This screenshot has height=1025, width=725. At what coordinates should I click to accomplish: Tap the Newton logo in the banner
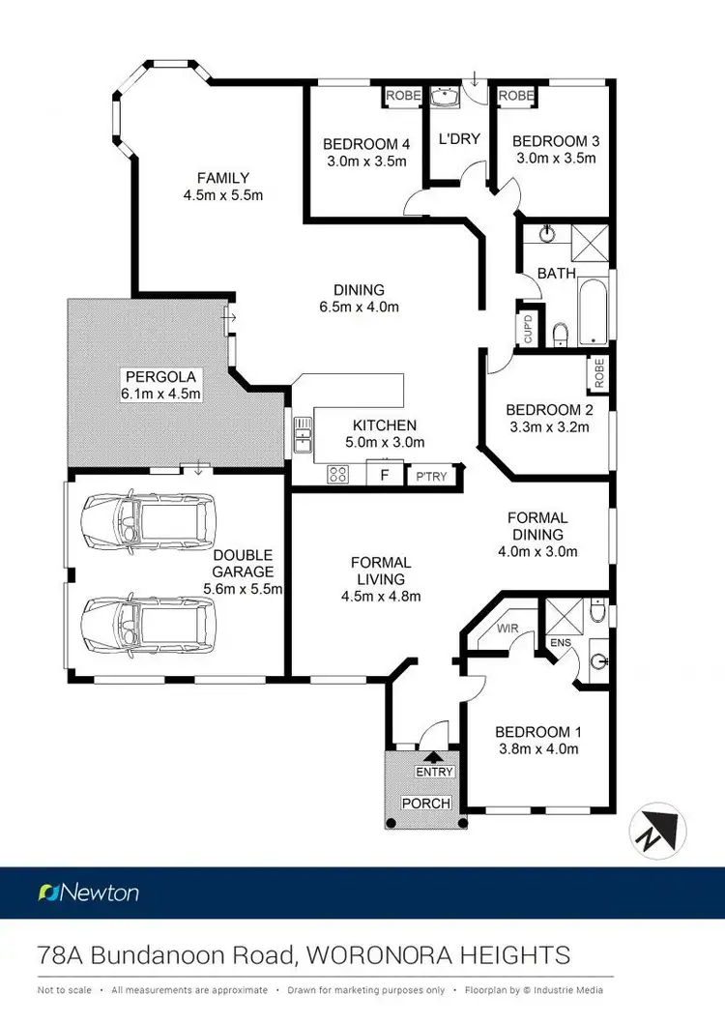click(88, 892)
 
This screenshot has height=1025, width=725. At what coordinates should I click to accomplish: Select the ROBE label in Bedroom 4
click(402, 96)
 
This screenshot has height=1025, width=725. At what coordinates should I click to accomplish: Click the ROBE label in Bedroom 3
click(515, 96)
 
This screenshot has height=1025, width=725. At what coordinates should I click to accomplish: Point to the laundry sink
click(445, 98)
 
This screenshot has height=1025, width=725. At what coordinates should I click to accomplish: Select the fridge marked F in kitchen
click(385, 476)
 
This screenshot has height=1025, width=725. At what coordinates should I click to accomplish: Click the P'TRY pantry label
click(431, 477)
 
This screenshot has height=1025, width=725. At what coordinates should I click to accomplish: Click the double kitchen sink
click(303, 435)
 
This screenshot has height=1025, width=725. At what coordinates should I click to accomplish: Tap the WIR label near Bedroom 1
click(507, 629)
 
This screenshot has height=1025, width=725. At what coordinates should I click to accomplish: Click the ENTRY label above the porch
click(433, 772)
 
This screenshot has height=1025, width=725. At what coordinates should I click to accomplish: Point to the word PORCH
click(427, 803)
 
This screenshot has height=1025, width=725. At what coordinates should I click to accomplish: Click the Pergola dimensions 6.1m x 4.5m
click(160, 394)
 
